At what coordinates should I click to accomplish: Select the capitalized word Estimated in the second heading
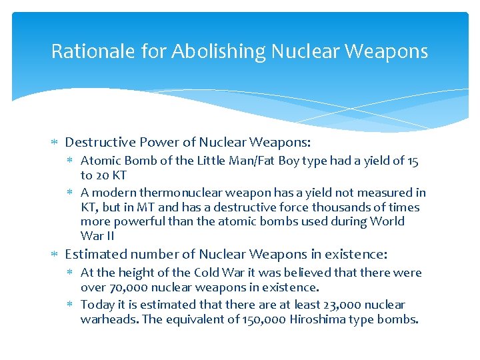tap(95, 254)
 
